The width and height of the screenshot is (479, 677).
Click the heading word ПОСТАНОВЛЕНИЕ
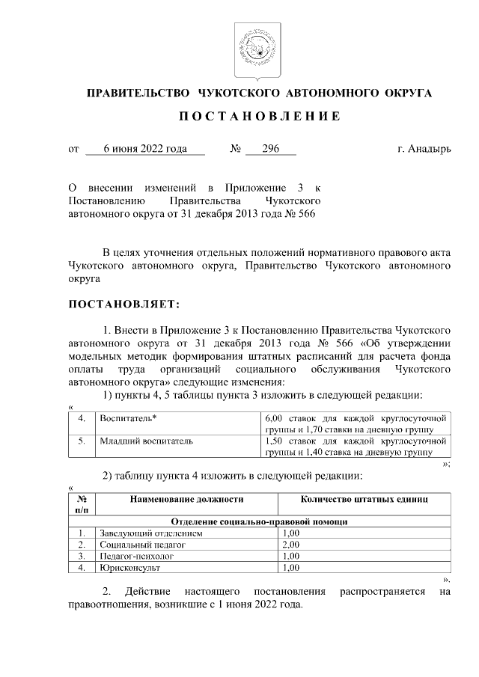[250, 117]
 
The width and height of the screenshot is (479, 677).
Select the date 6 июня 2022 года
[145, 150]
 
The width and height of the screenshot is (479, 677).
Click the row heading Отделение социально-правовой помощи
[259, 521]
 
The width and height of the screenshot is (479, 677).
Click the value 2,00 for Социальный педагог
[291, 545]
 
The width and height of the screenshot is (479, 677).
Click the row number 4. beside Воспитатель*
[81, 417]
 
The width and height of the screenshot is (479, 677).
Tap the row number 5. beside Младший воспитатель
[81, 441]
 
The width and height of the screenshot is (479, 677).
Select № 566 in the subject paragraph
[302, 213]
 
